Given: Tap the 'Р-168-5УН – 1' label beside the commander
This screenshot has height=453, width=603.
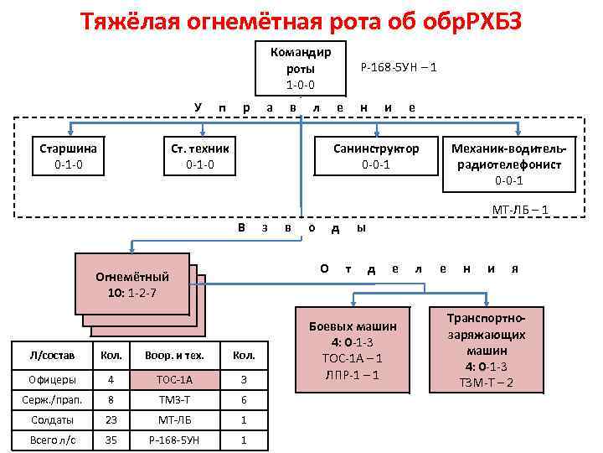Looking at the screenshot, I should point(398,67).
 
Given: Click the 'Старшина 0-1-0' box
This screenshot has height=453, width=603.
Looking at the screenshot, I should point(69,156).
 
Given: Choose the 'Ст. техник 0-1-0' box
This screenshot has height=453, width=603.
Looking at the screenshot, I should point(199,156).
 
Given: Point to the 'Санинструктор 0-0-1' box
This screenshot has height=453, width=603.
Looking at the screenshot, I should point(376,156).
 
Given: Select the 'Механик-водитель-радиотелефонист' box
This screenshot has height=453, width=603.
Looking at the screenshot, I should point(509,163).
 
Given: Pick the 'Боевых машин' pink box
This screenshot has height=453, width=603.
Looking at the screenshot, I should point(352,349).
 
